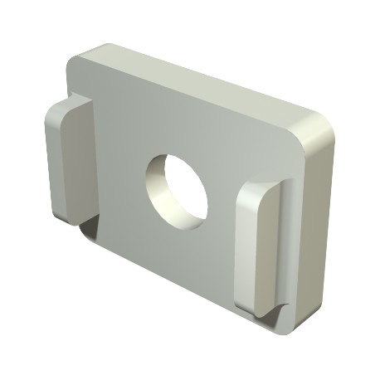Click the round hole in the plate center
(x=177, y=188)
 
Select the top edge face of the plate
(x=199, y=83)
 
